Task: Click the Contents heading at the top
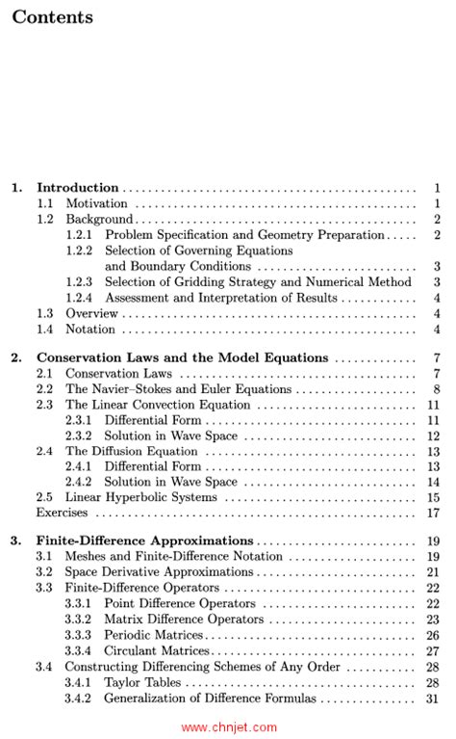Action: tap(53, 18)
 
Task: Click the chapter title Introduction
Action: tap(77, 188)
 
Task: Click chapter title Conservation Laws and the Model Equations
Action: tap(182, 357)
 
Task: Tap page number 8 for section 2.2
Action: tap(436, 389)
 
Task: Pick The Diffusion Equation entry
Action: tap(130, 451)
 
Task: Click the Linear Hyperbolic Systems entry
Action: tap(140, 497)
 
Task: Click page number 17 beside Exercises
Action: tap(433, 513)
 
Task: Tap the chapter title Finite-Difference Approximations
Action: tap(144, 541)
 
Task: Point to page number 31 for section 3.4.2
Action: tap(433, 698)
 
